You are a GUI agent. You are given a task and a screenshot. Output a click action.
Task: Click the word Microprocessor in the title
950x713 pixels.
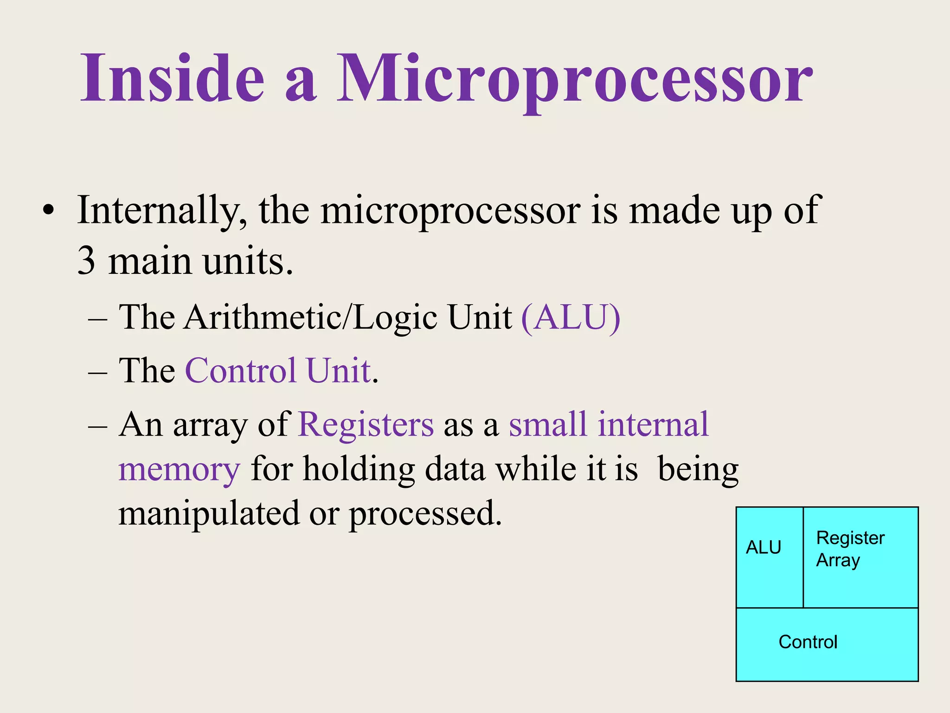click(x=574, y=79)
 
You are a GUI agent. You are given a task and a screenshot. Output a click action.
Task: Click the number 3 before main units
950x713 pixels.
click(x=86, y=261)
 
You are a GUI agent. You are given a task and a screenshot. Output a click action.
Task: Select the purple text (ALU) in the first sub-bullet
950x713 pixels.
click(x=571, y=318)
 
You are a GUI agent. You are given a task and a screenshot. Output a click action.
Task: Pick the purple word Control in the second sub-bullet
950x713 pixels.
click(x=241, y=371)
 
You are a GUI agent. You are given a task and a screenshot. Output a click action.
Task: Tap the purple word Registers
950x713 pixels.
click(x=366, y=425)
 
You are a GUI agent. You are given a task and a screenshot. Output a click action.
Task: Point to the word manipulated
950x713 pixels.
click(x=209, y=514)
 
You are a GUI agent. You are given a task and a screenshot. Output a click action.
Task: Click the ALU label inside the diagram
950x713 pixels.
click(x=763, y=548)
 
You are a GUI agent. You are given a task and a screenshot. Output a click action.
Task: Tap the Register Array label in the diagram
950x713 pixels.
click(x=850, y=549)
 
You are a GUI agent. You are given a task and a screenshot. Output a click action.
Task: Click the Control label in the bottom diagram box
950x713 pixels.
click(x=808, y=642)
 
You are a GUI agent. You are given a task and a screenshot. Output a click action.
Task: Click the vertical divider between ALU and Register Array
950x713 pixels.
click(x=803, y=557)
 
